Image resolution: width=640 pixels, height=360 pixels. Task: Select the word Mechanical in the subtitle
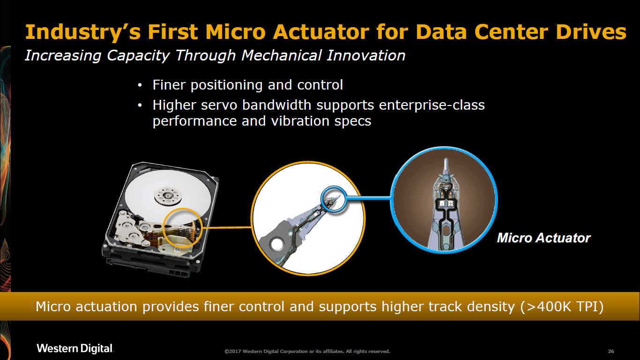pos(282,55)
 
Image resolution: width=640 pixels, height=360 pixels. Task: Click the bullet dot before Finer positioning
pos(140,85)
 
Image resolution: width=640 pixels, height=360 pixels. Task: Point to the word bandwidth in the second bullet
pos(276,105)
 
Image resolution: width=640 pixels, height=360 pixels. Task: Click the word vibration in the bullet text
pos(300,120)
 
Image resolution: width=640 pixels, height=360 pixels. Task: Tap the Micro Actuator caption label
pos(543,238)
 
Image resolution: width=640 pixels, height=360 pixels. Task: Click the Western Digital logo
pos(75,348)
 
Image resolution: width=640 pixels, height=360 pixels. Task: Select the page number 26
pos(611,351)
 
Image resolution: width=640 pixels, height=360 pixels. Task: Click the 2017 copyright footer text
pos(307,351)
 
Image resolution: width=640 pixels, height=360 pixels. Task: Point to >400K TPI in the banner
pos(562,307)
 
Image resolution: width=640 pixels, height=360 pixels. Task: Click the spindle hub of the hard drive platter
pos(168,196)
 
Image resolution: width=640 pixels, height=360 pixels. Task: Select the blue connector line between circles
pos(368,198)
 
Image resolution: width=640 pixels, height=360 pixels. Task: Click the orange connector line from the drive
pos(227,228)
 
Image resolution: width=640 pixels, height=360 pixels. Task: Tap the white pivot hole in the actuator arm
pos(276,244)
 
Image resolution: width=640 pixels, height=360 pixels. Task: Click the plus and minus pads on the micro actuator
pos(446,203)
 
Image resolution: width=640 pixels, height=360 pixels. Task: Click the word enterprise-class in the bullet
pos(432,105)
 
